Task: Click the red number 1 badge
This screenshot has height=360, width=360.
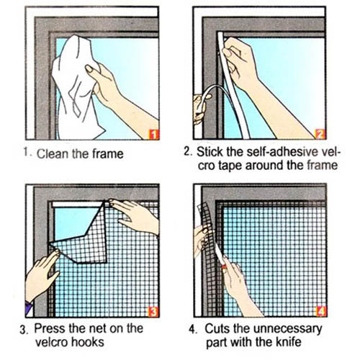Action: (x=154, y=134)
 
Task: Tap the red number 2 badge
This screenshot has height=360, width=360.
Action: (x=320, y=134)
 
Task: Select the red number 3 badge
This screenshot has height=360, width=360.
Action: (x=153, y=312)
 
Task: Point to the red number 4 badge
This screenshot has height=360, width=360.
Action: (x=321, y=311)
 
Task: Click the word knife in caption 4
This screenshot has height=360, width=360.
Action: (x=289, y=342)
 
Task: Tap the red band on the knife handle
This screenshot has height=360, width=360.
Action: (x=224, y=266)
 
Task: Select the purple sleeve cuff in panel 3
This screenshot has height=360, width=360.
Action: (x=29, y=308)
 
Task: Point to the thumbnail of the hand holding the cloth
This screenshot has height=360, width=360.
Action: (x=89, y=69)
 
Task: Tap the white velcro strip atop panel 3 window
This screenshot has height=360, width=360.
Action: (x=78, y=204)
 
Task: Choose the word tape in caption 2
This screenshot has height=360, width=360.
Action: (x=230, y=166)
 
